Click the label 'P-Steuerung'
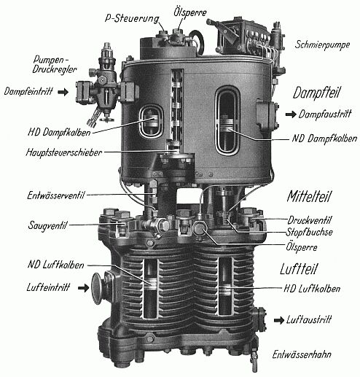(x=132, y=18)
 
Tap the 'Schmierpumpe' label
(x=322, y=44)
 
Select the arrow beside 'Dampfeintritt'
(x=63, y=92)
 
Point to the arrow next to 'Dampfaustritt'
(x=291, y=114)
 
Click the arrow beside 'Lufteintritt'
(x=83, y=288)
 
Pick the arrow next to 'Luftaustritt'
(x=279, y=320)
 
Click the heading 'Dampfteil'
(x=316, y=93)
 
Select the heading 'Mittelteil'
(x=309, y=196)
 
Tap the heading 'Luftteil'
(x=299, y=269)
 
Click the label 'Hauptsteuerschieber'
(x=64, y=152)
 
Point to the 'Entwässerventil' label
(x=56, y=195)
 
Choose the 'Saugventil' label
(x=47, y=225)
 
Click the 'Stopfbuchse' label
(x=309, y=233)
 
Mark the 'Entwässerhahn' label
(x=302, y=354)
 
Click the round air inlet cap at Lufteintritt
(x=97, y=289)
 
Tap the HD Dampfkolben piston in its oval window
(x=152, y=120)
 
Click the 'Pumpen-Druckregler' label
(x=55, y=64)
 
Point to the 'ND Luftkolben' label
(x=56, y=265)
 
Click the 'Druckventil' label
(x=309, y=220)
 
